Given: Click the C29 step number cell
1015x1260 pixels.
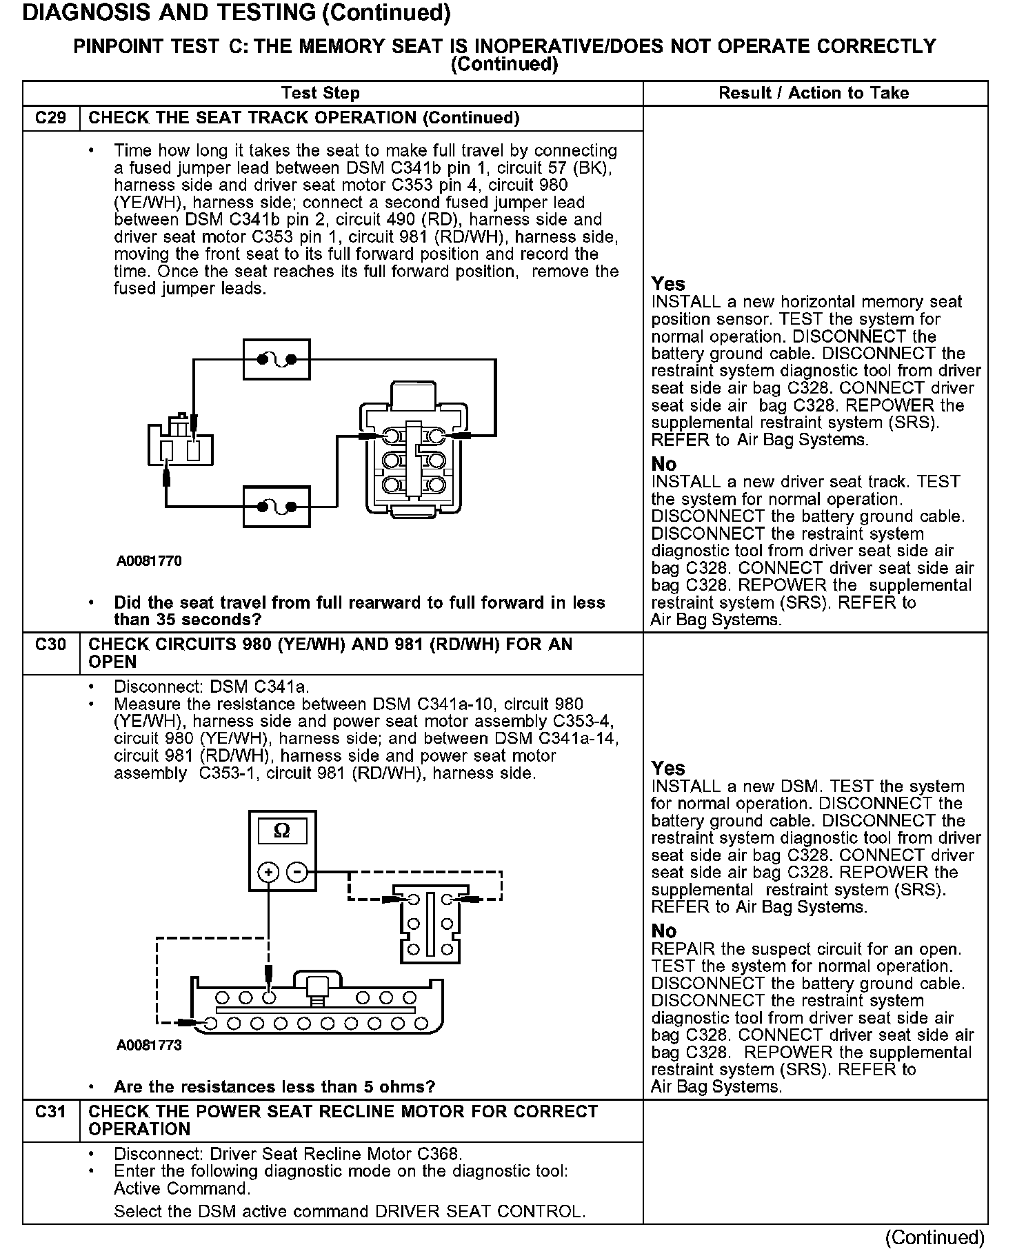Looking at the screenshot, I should tap(51, 118).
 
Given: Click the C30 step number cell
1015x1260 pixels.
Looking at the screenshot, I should tap(51, 644).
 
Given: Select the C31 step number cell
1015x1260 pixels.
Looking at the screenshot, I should tap(51, 1112).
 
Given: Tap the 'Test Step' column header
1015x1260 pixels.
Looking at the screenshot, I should tap(320, 93).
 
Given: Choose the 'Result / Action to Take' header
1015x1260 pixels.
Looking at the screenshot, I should tap(814, 93).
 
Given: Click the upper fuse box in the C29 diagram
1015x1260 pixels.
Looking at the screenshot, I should tap(277, 359).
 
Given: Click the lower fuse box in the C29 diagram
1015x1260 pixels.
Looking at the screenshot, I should tap(277, 507).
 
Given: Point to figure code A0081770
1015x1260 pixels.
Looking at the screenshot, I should tap(149, 561).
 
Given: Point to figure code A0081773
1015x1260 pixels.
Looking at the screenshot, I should tap(149, 1045).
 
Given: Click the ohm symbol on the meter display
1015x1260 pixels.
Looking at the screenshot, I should tap(282, 831).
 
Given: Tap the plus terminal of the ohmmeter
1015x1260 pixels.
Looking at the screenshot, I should tap(268, 872).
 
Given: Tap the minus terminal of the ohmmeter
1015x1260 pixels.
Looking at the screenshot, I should tap(297, 872).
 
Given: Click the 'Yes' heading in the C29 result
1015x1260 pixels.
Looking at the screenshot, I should tap(668, 284).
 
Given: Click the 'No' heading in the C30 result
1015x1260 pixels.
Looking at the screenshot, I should tap(664, 931).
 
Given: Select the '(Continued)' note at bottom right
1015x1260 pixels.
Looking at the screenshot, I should tap(934, 1237).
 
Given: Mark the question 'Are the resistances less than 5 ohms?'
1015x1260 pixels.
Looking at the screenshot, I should tap(274, 1087).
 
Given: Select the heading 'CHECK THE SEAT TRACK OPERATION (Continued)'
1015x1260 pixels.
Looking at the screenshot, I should tap(304, 118).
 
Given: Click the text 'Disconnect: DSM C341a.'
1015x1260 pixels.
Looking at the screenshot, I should tap(212, 687).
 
